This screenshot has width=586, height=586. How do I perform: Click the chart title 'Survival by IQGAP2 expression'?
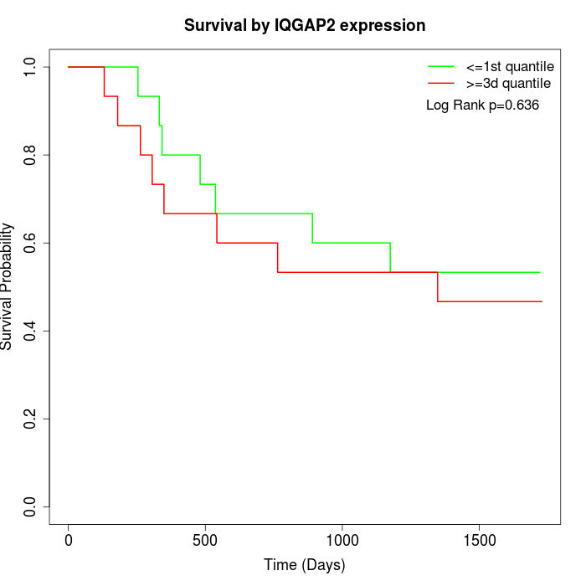pos(305,25)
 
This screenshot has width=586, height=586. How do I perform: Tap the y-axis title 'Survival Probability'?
pos(8,286)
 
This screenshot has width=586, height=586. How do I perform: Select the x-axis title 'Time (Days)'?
pos(305,565)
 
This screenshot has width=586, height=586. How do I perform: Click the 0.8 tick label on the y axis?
pos(31,155)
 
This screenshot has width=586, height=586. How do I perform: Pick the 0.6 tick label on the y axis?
pos(31,243)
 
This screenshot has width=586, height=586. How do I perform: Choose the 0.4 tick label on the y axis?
pos(31,331)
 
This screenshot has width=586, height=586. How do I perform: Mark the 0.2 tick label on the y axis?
pos(31,419)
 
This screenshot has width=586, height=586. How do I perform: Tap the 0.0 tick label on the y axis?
pos(31,506)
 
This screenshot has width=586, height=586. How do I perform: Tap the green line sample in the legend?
pos(440,65)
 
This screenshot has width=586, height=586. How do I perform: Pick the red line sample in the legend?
pos(440,83)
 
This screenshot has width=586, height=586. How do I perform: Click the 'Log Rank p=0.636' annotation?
pos(482,105)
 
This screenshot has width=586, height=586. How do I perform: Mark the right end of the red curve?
pos(542,301)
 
